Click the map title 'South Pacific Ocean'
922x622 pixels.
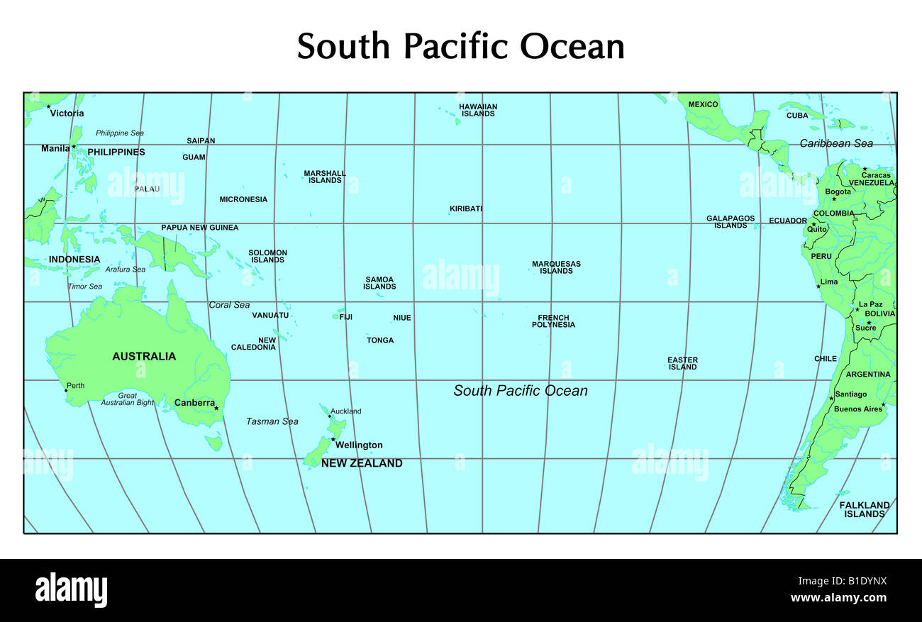pyautogui.click(x=460, y=47)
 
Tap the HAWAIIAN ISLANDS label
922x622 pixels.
pyautogui.click(x=478, y=110)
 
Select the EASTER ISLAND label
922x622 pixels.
pyautogui.click(x=682, y=363)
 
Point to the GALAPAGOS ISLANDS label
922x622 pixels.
pyautogui.click(x=731, y=222)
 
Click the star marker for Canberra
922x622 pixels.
pyautogui.click(x=216, y=408)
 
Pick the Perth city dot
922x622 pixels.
pyautogui.click(x=66, y=391)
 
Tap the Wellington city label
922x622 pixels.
pyautogui.click(x=359, y=445)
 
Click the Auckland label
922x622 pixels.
pyautogui.click(x=346, y=411)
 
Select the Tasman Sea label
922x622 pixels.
pyautogui.click(x=272, y=421)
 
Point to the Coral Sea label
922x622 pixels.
pyautogui.click(x=229, y=305)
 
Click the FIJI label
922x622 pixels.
pyautogui.click(x=345, y=317)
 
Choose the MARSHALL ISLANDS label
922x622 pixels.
pyautogui.click(x=325, y=177)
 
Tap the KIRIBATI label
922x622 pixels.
pyautogui.click(x=466, y=209)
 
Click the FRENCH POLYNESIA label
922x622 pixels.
pyautogui.click(x=553, y=321)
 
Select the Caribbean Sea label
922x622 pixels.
pyautogui.click(x=836, y=143)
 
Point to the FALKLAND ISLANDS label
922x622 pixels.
pyautogui.click(x=865, y=509)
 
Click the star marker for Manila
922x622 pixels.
pyautogui.click(x=74, y=147)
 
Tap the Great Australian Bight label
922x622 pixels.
pyautogui.click(x=128, y=399)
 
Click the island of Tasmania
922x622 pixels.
pyautogui.click(x=213, y=443)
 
